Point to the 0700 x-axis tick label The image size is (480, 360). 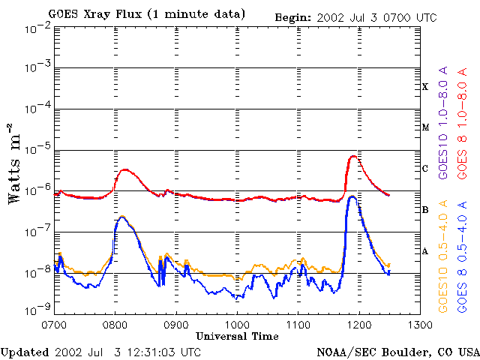click(x=55, y=325)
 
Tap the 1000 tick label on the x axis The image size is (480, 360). click(x=237, y=325)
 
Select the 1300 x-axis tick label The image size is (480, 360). click(x=420, y=325)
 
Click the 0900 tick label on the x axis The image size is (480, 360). click(x=176, y=325)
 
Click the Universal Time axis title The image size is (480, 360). click(x=237, y=335)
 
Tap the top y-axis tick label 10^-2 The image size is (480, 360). click(x=37, y=28)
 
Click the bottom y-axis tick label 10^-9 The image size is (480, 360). click(x=37, y=308)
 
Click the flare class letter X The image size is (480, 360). click(x=425, y=86)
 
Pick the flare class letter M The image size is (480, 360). click(x=425, y=127)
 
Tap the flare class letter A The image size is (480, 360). click(x=425, y=251)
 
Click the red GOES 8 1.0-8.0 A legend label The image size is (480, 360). click(x=463, y=124)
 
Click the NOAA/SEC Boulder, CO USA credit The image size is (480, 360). click(x=397, y=352)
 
